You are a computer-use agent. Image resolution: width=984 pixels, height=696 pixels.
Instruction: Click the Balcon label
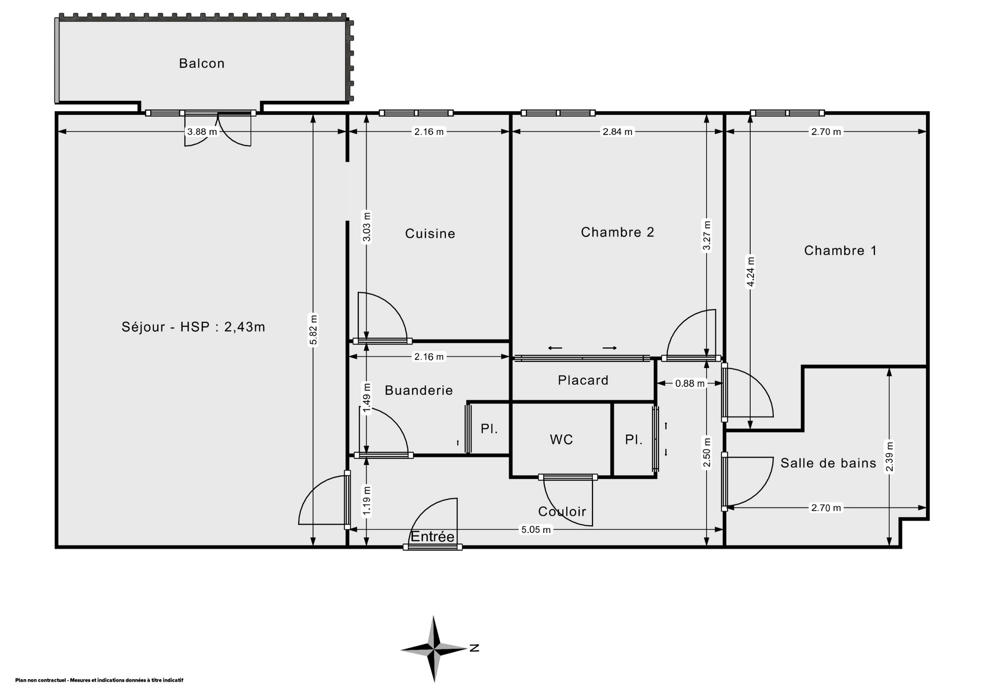[201, 64]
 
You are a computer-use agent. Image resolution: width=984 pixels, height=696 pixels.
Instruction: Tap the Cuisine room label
[430, 234]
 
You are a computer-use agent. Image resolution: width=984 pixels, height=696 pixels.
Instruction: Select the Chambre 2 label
[618, 232]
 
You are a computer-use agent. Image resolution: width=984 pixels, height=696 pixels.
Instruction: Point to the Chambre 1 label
[840, 251]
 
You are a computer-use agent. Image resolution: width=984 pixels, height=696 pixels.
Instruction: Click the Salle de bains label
[828, 463]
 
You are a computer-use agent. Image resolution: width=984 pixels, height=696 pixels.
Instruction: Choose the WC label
[561, 440]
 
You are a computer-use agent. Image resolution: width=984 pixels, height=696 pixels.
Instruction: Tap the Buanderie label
[419, 391]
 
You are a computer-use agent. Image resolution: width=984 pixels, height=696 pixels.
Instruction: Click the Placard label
[583, 380]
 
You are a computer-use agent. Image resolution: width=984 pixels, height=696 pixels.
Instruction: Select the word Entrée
[433, 537]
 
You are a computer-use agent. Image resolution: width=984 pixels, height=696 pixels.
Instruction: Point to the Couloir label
[562, 511]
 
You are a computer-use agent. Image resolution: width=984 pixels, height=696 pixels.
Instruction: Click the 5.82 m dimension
[314, 330]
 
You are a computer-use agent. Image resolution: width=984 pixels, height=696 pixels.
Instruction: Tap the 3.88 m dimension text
[202, 132]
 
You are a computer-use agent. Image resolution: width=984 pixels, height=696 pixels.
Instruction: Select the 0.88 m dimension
[690, 383]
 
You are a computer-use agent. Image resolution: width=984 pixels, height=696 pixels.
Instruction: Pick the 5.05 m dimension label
[536, 530]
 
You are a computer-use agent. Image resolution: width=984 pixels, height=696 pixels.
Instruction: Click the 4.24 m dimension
[750, 271]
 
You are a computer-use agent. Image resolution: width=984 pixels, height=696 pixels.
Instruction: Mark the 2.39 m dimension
[890, 457]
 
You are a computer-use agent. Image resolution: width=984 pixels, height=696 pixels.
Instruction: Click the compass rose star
[435, 649]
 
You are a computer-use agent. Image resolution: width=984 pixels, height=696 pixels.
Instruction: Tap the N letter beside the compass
[475, 648]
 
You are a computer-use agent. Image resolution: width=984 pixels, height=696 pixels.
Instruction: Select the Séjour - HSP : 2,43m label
[194, 327]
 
